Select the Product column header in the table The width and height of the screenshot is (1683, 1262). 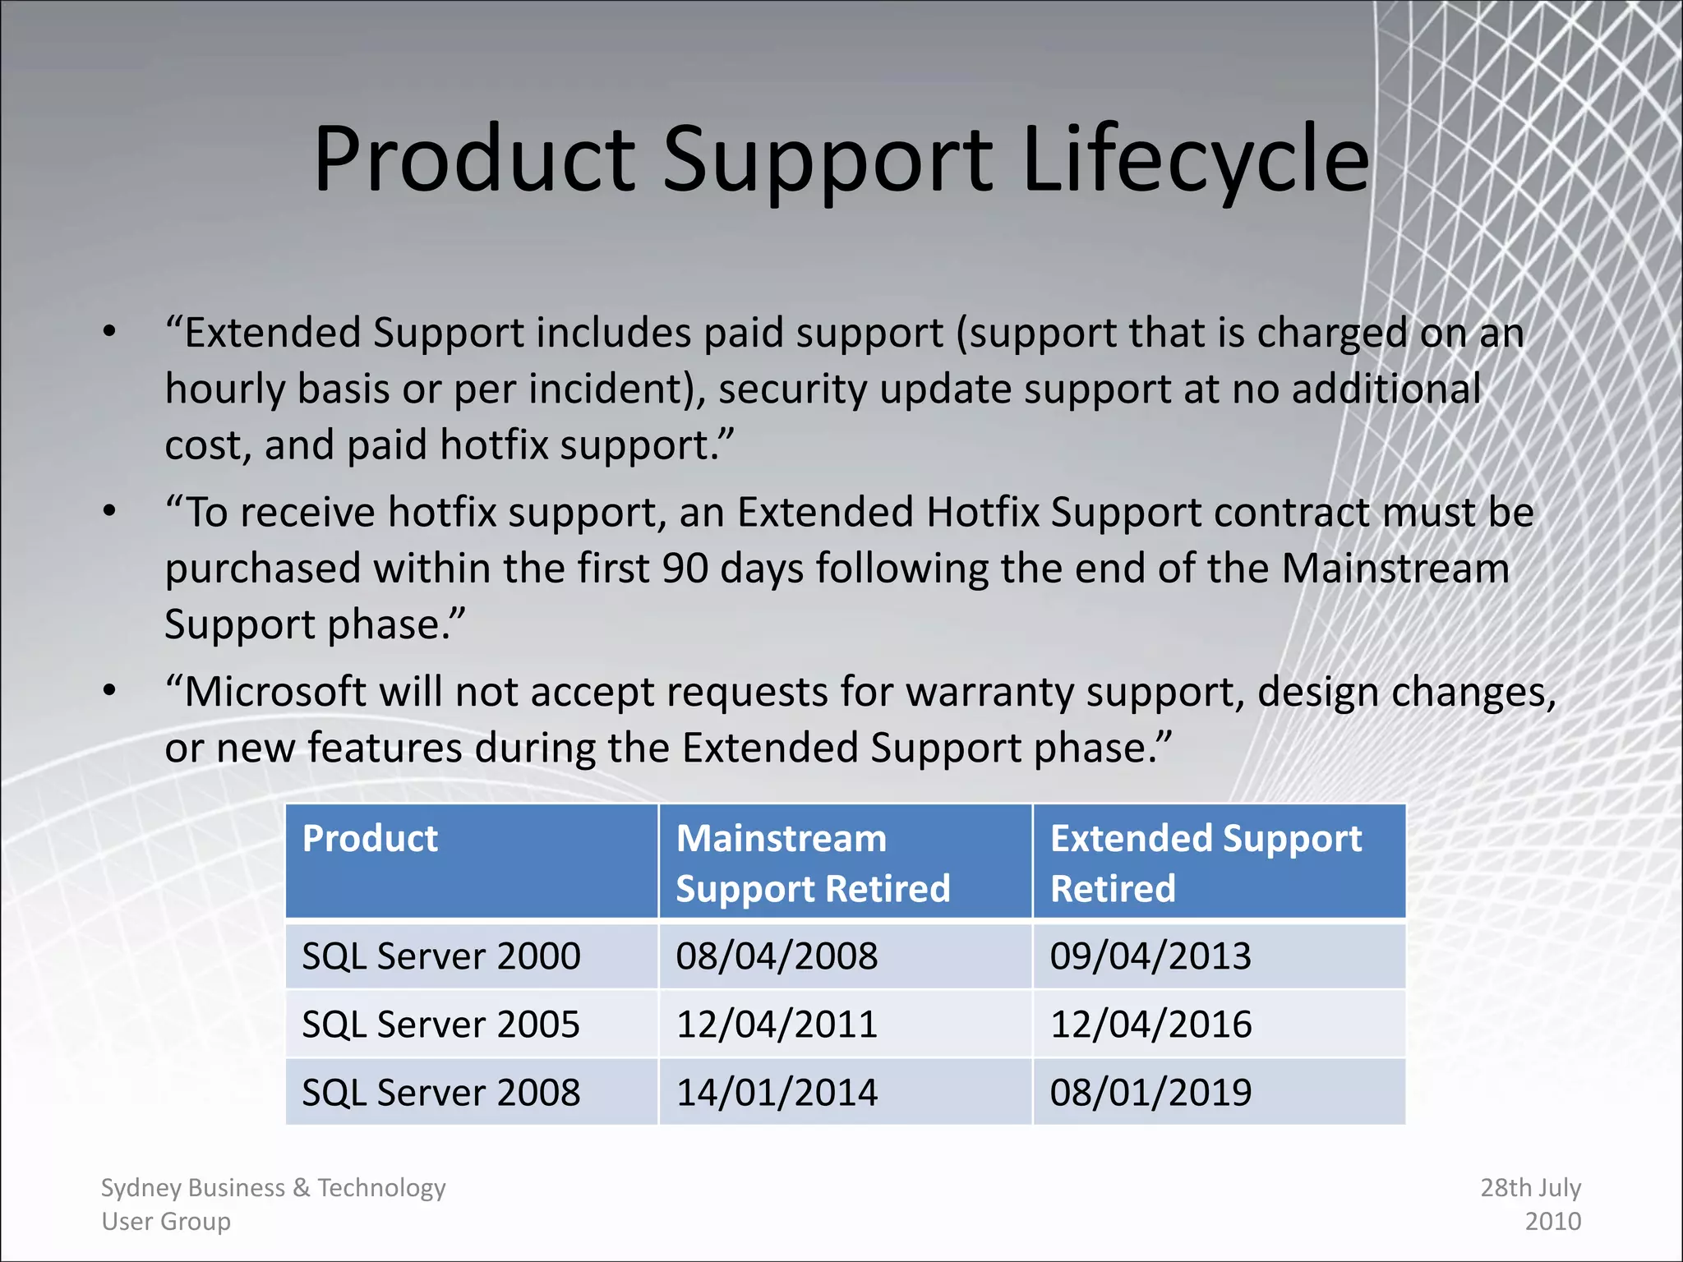(x=370, y=839)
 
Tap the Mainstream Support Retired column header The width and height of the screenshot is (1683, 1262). (x=812, y=863)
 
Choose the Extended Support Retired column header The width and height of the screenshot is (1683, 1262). (x=1206, y=863)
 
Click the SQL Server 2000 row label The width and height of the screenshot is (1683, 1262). (x=441, y=956)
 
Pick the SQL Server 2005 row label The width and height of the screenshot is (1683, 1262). (x=441, y=1025)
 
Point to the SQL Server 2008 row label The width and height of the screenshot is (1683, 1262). (x=441, y=1093)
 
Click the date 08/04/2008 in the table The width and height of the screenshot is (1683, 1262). (x=777, y=956)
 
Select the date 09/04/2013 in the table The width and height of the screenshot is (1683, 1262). (x=1150, y=956)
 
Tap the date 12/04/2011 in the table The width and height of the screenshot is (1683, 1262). (x=777, y=1025)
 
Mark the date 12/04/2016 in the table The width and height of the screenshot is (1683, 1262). (x=1150, y=1025)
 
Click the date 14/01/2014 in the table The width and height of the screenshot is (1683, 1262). (x=777, y=1093)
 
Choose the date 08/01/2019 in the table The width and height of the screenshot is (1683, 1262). (x=1150, y=1093)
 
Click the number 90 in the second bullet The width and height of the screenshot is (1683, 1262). (x=685, y=569)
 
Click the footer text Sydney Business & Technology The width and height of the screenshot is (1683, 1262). (x=273, y=1188)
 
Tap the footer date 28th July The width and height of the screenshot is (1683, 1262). (x=1530, y=1188)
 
